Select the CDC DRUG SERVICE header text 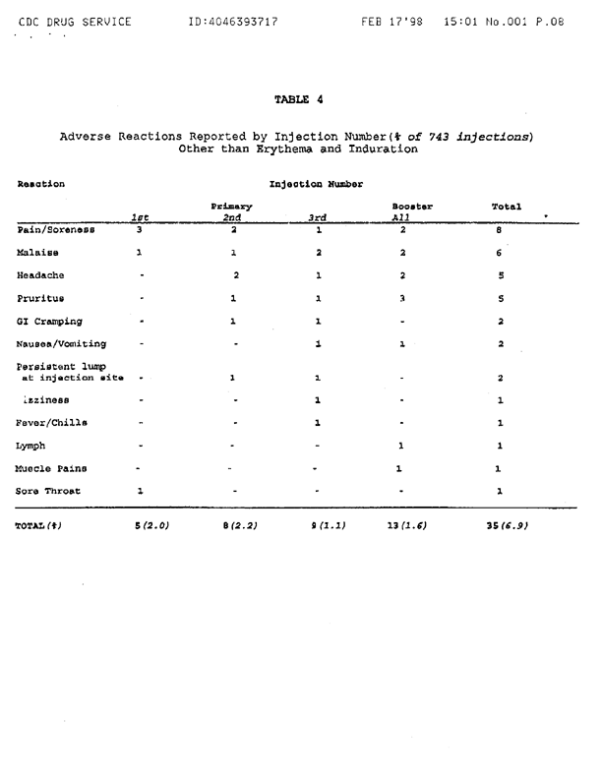[72, 20]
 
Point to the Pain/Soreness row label [54, 229]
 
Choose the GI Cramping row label [50, 321]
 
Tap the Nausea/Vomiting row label [61, 344]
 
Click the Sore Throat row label [49, 490]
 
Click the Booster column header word [412, 207]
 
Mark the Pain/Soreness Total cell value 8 [500, 229]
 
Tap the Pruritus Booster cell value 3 [402, 297]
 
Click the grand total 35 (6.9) [507, 525]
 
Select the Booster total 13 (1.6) [406, 525]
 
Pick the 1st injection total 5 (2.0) [151, 525]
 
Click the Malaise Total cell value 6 [500, 252]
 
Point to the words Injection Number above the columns [316, 183]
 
